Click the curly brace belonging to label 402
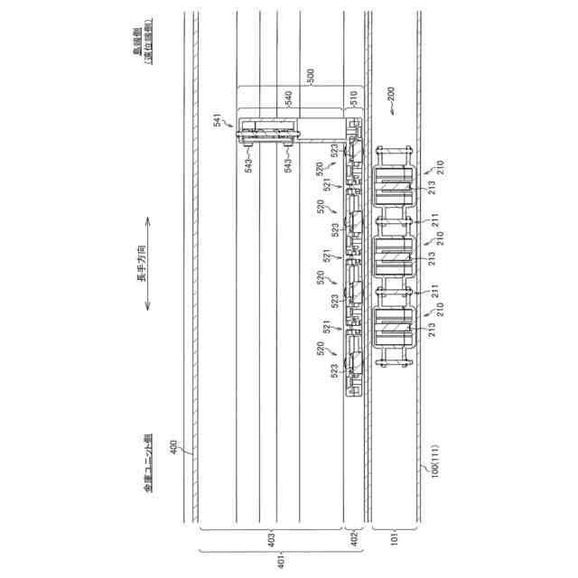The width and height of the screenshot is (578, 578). (354, 531)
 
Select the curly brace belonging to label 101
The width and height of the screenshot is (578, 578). (396, 531)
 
